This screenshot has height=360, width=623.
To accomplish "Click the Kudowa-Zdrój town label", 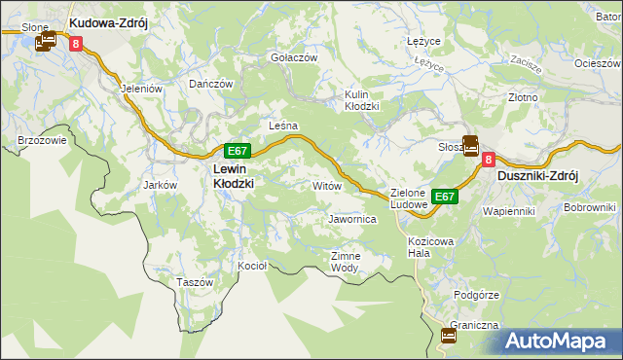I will [107, 21].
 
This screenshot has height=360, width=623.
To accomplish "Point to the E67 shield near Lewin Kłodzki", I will [238, 151].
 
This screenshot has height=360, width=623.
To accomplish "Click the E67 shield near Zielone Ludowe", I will [444, 197].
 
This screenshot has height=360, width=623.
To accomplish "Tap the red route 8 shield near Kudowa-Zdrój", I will [75, 42].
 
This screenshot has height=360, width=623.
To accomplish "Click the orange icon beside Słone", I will [46, 42].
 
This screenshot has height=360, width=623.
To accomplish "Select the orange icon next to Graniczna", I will [449, 336].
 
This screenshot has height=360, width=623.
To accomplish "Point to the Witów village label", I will [325, 185].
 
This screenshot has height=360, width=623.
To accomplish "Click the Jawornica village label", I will [352, 220].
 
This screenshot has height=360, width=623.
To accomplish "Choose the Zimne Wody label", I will [346, 262].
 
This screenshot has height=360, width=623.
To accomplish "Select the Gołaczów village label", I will [294, 57].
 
